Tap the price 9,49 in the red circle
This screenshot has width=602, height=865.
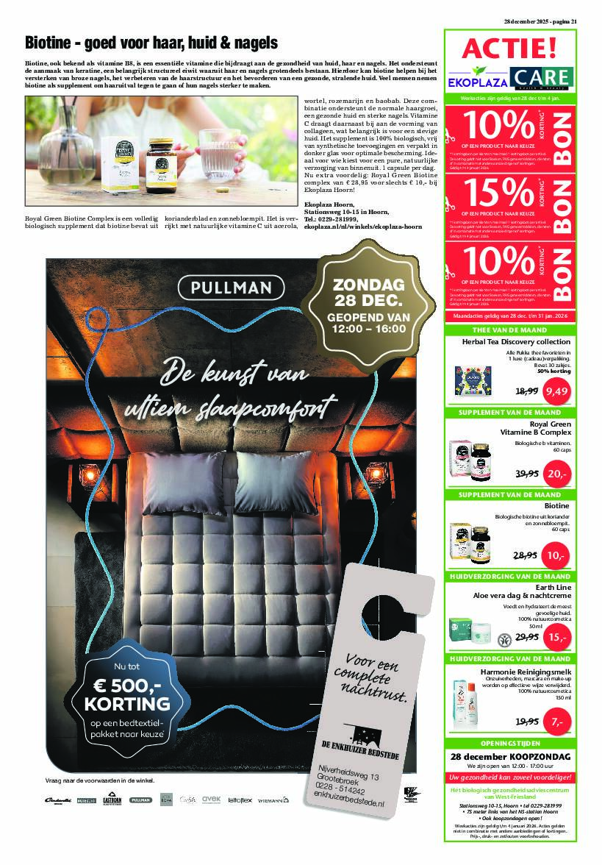pyautogui.click(x=556, y=391)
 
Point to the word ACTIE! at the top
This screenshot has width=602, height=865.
pyautogui.click(x=509, y=49)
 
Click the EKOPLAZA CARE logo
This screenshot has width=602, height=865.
pyautogui.click(x=509, y=78)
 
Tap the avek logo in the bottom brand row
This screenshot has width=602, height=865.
pyautogui.click(x=212, y=799)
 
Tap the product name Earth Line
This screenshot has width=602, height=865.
pyautogui.click(x=555, y=585)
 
